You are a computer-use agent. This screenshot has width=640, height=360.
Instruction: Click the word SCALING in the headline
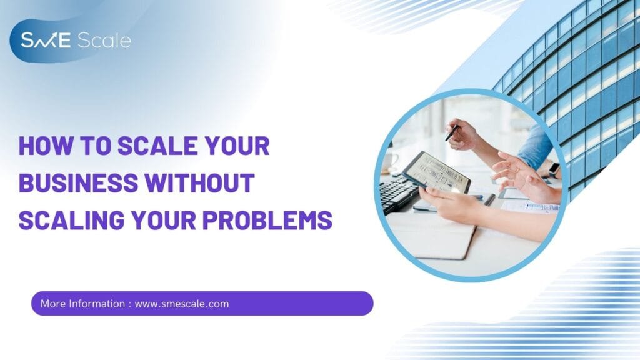pyautogui.click(x=71, y=220)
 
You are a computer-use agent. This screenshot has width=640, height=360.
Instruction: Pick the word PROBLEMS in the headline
pyautogui.click(x=267, y=220)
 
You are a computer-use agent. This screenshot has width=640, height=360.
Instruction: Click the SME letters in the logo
pyautogui.click(x=46, y=41)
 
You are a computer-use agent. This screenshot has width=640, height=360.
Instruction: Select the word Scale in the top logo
pyautogui.click(x=104, y=41)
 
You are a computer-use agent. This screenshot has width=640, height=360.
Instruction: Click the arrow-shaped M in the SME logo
pyautogui.click(x=45, y=41)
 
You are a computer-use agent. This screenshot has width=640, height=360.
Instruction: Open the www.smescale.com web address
pyautogui.click(x=182, y=304)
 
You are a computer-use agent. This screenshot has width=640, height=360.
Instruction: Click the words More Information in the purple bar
pyautogui.click(x=83, y=304)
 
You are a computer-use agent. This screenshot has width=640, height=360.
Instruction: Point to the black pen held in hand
pyautogui.click(x=452, y=132)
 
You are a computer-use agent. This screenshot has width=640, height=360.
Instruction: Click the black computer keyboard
pyautogui.click(x=397, y=194)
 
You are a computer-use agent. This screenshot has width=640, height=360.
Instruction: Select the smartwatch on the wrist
pyautogui.click(x=554, y=170)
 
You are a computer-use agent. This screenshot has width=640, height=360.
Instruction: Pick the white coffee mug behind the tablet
pyautogui.click(x=391, y=161)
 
